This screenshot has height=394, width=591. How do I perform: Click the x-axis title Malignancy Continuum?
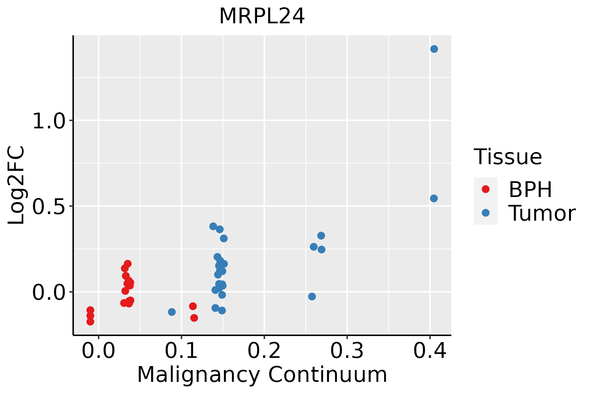[262, 375]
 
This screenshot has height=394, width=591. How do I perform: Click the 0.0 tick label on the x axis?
[98, 351]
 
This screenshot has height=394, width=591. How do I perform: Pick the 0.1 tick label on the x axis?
[181, 351]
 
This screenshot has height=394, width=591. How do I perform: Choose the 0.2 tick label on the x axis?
[264, 351]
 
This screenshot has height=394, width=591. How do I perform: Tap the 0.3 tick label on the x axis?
[347, 351]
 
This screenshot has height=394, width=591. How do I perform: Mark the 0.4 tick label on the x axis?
[429, 351]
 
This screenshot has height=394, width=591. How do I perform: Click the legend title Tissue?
[508, 157]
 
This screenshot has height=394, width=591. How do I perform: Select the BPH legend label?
[530, 189]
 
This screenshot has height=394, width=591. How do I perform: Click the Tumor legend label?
[542, 213]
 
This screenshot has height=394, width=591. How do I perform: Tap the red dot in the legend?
[485, 189]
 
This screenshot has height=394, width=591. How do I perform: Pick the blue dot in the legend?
[485, 213]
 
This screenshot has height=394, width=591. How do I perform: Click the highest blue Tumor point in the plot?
[434, 49]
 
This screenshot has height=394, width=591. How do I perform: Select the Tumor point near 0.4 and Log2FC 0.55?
[434, 198]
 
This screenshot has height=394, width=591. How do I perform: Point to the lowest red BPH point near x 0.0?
[90, 321]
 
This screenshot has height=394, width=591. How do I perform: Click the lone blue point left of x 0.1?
[172, 312]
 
